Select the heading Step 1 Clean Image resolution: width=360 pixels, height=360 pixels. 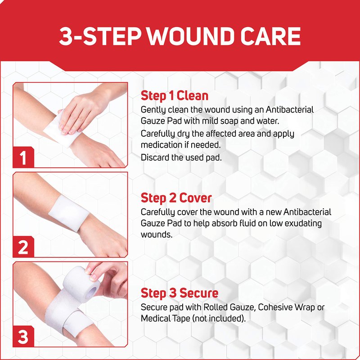point(175,95)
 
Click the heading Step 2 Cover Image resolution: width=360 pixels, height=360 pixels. point(176,198)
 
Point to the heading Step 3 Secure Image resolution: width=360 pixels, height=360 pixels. point(180,293)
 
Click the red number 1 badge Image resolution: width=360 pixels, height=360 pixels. point(23,157)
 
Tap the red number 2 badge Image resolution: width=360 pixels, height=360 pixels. point(23,247)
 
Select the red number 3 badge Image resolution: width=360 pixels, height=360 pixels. point(23,336)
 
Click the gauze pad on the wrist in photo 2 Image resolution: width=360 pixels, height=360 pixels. point(69,213)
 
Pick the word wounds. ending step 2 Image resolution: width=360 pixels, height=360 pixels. point(157,234)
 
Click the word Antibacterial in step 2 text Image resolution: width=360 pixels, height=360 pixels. point(307,211)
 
